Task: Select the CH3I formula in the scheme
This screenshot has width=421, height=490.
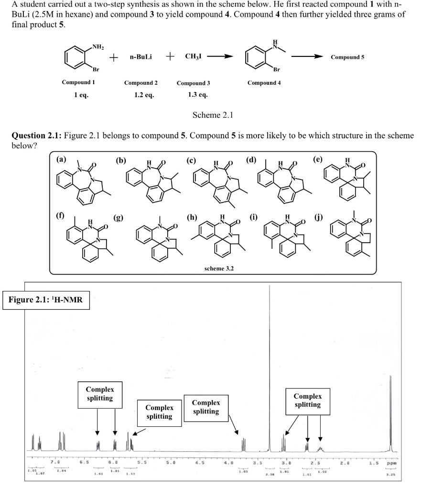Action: click(193, 56)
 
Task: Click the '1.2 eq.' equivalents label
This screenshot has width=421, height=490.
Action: click(144, 95)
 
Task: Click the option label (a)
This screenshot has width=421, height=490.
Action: click(61, 160)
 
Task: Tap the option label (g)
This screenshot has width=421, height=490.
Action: click(118, 218)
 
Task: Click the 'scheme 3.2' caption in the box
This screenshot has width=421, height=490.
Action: click(214, 268)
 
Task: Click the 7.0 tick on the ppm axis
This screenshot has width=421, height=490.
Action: click(55, 463)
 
